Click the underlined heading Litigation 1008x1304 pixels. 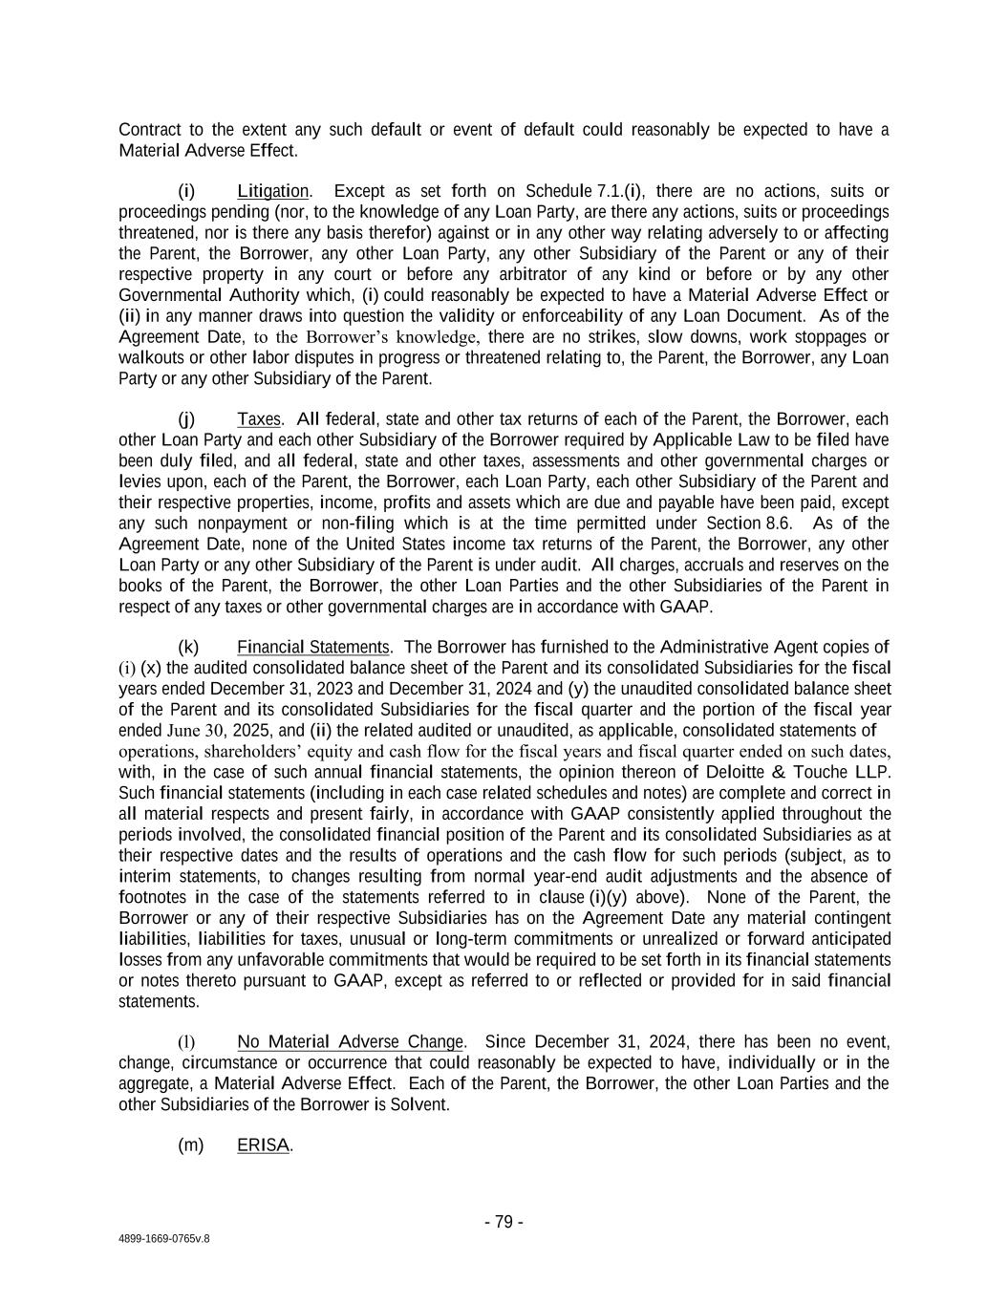pos(272,191)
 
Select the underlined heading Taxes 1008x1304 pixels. pos(259,419)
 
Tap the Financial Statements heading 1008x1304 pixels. pos(313,647)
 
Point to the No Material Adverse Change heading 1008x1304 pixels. pos(350,1041)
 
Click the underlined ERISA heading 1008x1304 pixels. pos(263,1144)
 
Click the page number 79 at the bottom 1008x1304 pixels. pos(504,1222)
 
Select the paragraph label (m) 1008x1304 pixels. pos(191,1144)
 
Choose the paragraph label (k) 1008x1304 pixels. pos(188,647)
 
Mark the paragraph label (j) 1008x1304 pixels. pos(186,419)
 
